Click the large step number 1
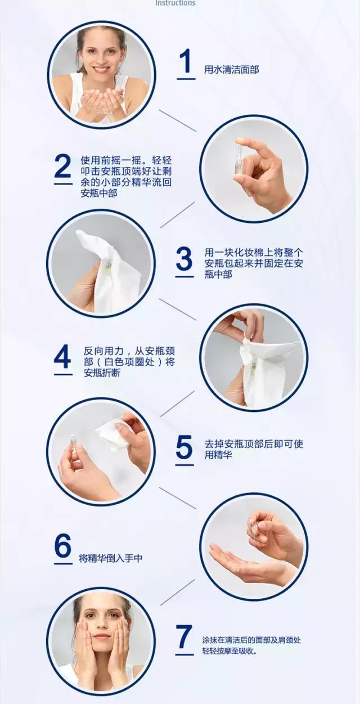click(186, 62)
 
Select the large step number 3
click(184, 259)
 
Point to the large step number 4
click(63, 356)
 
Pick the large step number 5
click(184, 447)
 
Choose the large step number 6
click(63, 546)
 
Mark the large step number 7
click(184, 638)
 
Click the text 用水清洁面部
click(231, 70)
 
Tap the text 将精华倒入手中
click(111, 558)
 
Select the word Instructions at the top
click(175, 3)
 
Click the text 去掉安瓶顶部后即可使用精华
click(254, 449)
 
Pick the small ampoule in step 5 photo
click(73, 442)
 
